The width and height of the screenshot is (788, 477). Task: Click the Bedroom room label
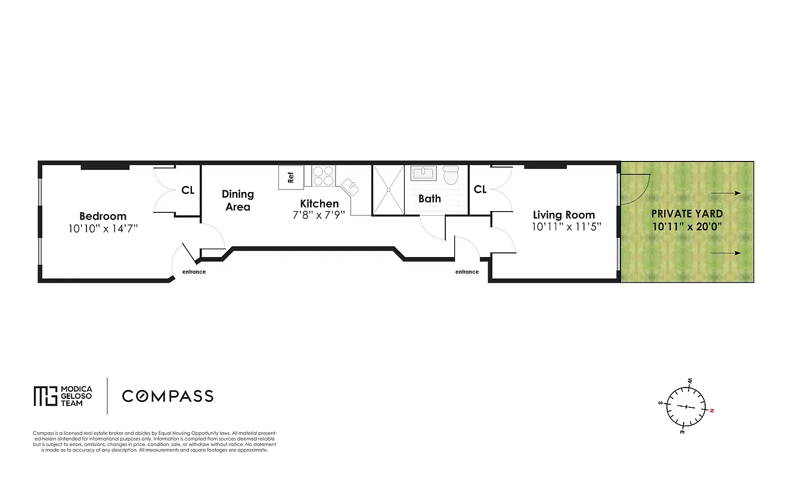(103, 216)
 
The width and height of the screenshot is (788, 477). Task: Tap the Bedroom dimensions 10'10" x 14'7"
(103, 228)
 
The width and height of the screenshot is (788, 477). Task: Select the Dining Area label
(237, 200)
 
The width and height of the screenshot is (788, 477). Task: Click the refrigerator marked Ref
(291, 178)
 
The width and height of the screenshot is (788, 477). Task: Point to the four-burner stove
(324, 176)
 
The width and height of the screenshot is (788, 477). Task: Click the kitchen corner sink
(350, 185)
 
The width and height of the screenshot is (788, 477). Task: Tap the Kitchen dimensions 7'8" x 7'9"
(319, 215)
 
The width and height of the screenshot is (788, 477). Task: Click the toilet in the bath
(451, 175)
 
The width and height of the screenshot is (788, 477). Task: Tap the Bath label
(429, 199)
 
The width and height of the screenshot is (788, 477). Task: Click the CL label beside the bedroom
(188, 190)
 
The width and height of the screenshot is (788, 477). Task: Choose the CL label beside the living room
(480, 189)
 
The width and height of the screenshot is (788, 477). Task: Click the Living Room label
(563, 215)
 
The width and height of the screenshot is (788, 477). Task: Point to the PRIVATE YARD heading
(687, 213)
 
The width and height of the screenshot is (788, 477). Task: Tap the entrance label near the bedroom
(194, 272)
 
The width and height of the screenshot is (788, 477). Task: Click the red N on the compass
(712, 410)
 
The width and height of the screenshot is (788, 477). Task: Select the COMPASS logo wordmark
(167, 396)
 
